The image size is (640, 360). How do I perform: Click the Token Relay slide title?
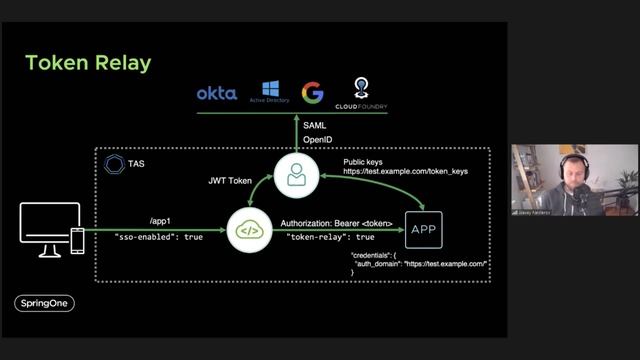pyautogui.click(x=88, y=63)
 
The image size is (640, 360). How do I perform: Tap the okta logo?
pyautogui.click(x=216, y=93)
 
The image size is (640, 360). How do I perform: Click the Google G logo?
pyautogui.click(x=313, y=93)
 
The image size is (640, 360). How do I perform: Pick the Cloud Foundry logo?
pyautogui.click(x=361, y=92)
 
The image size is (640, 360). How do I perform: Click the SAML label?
pyautogui.click(x=316, y=125)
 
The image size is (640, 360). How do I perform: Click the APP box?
pyautogui.click(x=423, y=229)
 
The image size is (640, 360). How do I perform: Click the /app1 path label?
pyautogui.click(x=159, y=222)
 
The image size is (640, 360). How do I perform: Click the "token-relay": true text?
pyautogui.click(x=331, y=238)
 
